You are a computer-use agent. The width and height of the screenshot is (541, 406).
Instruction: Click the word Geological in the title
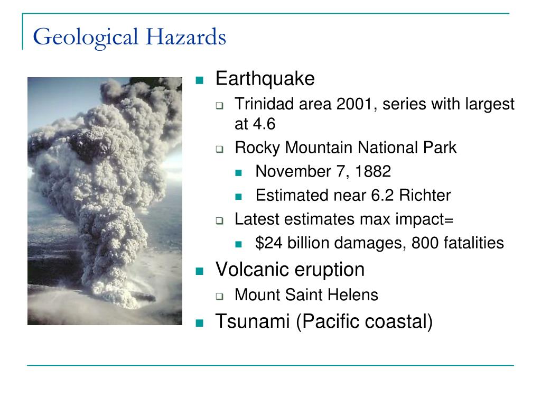coord(86,38)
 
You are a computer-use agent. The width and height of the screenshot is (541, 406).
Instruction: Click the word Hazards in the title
coord(186,36)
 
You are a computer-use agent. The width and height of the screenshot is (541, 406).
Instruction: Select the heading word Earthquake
coord(265,79)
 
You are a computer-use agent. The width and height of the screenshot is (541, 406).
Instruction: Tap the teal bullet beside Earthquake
coord(199,80)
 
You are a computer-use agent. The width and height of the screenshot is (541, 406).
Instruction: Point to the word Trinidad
coord(264,104)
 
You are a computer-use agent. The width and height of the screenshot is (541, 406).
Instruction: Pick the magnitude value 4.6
coord(264,124)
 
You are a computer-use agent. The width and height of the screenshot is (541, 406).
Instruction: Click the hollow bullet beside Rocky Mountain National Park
coord(219,150)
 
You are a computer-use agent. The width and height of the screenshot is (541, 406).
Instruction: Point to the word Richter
coord(425,196)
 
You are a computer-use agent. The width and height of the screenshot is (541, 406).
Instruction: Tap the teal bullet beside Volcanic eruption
coord(199,271)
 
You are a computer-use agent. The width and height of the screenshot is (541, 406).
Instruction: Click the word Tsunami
coord(252,321)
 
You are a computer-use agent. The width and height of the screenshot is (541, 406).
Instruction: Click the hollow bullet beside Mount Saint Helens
coord(219,297)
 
